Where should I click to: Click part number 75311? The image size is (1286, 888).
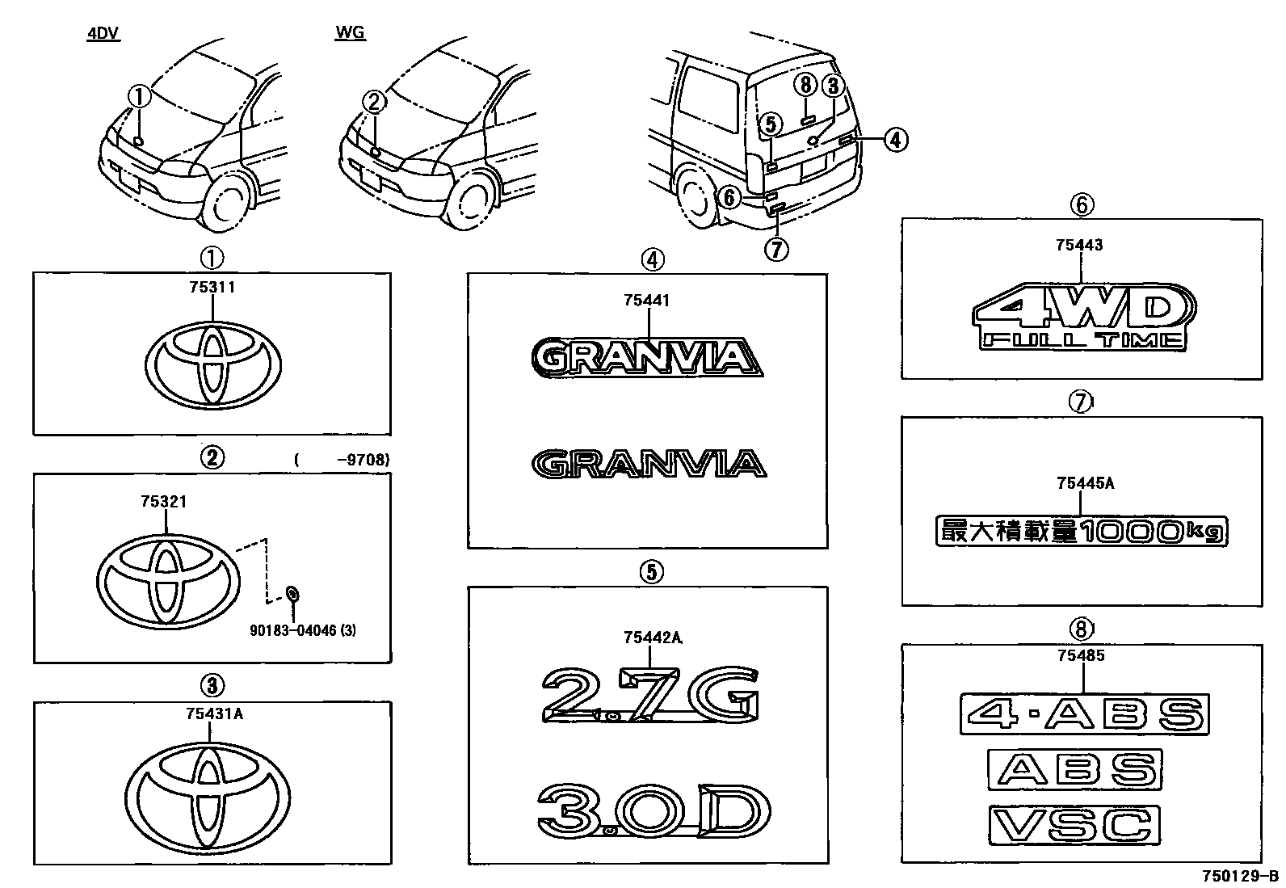click(212, 287)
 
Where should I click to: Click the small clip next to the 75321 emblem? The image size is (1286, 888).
click(292, 595)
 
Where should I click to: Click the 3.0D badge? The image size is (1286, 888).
click(653, 810)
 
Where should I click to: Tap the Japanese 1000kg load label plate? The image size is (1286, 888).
click(1082, 530)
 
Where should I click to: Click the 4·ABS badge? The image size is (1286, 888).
click(1084, 714)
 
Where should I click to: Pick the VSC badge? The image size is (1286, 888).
click(1074, 825)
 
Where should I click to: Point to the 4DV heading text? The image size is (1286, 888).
click(103, 35)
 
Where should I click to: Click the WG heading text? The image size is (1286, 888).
click(350, 33)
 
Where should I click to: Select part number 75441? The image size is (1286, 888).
click(647, 301)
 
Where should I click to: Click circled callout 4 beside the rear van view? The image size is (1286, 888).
click(894, 140)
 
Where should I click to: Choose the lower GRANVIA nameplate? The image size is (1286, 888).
click(648, 465)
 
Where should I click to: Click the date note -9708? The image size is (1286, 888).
click(364, 460)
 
